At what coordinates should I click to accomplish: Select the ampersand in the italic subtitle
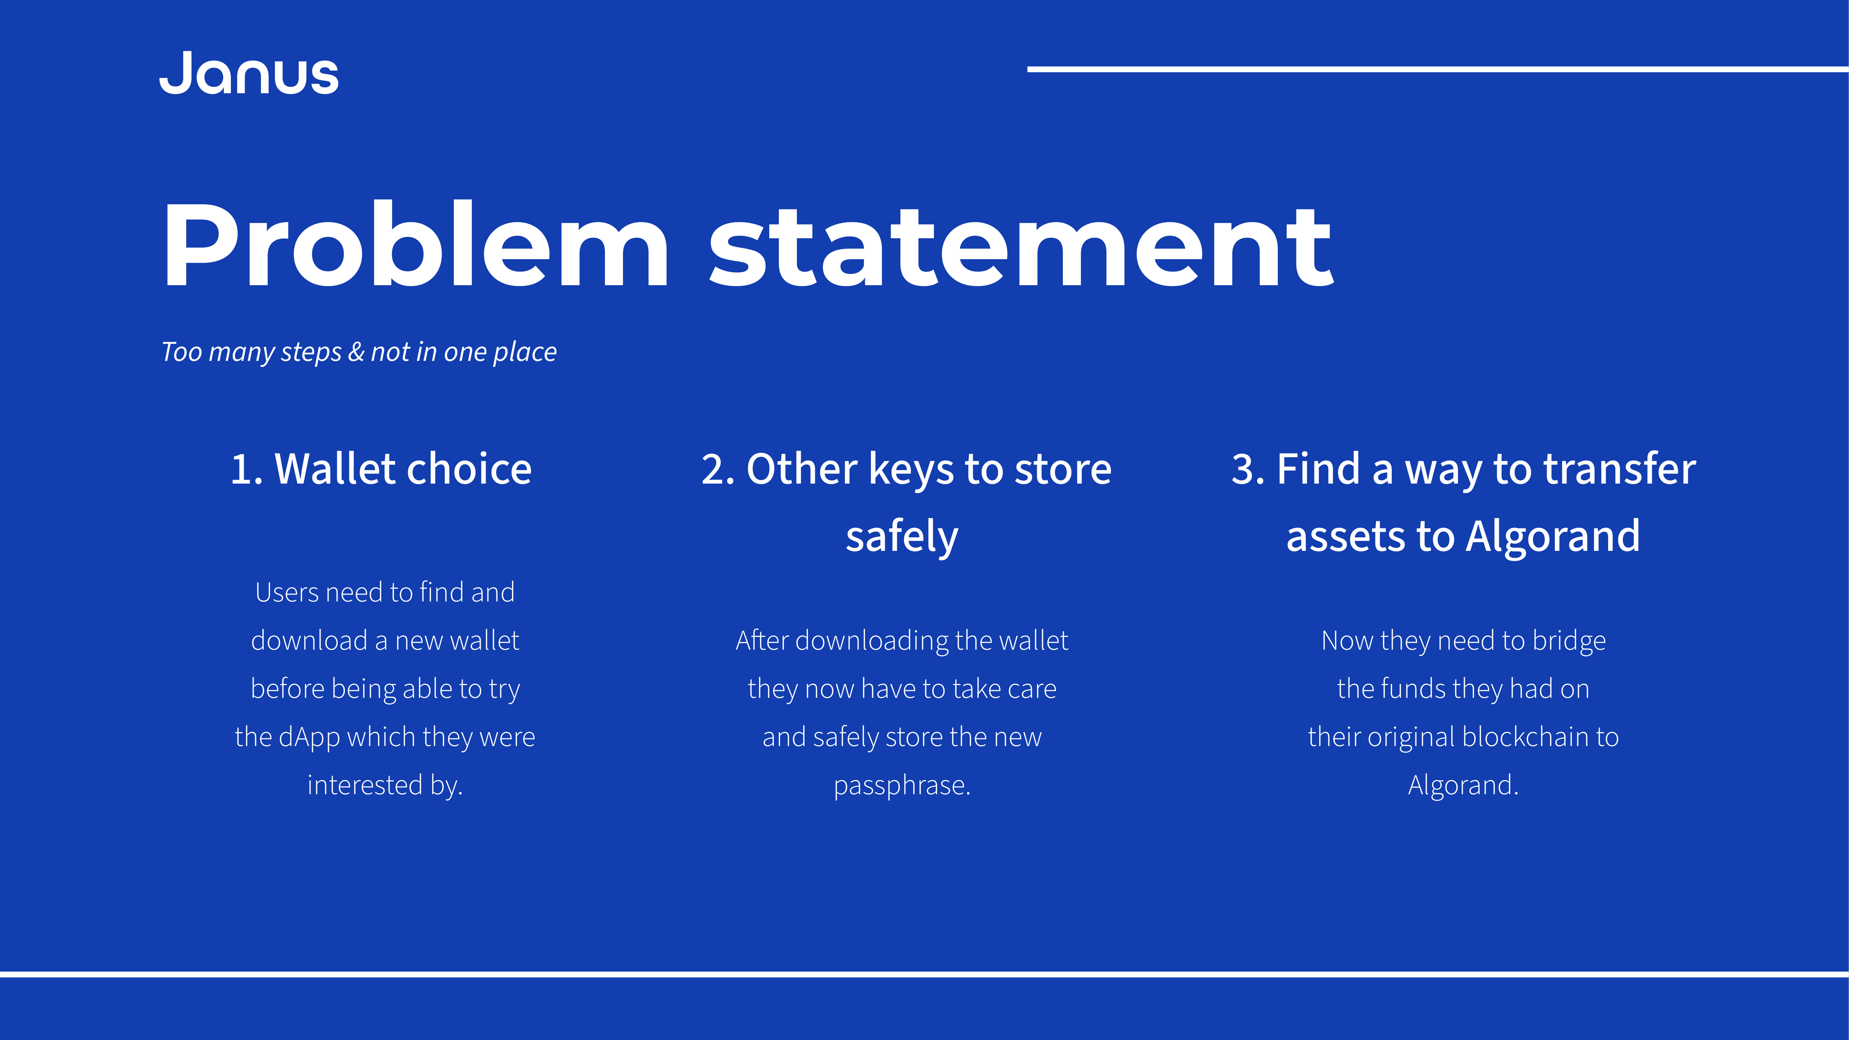click(356, 352)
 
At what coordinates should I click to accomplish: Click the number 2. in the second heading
click(718, 469)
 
